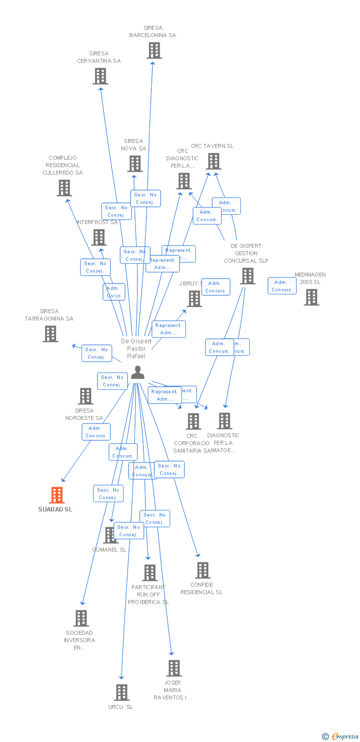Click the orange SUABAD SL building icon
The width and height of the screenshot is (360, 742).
coord(57,495)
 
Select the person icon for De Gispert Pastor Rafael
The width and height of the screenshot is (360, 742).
coord(137,372)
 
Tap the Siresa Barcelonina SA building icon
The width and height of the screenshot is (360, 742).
coord(154,50)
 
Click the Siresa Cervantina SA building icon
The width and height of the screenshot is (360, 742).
coord(100,76)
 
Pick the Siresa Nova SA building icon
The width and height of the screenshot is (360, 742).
coord(135,164)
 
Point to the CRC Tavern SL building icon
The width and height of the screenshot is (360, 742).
coord(214,161)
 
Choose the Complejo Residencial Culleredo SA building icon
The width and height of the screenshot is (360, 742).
coord(64,188)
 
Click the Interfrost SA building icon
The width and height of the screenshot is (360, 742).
coord(99,237)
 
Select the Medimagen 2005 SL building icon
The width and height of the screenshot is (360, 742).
coord(311,297)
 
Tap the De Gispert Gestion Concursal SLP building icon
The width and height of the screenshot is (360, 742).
coord(248,276)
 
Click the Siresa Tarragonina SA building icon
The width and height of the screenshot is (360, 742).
coord(50,334)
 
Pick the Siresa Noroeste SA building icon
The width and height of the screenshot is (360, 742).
coord(86,396)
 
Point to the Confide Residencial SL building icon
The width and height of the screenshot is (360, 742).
coord(202,570)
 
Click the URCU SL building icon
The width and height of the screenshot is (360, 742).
coord(122,693)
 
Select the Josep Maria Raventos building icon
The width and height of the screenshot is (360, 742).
coord(174,668)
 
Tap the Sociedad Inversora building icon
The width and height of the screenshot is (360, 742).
coord(81,618)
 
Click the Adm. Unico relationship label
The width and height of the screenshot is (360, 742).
coord(114,292)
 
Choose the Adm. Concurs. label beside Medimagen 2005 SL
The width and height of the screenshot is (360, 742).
coord(282,286)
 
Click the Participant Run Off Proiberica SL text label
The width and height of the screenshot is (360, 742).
coord(148,595)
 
